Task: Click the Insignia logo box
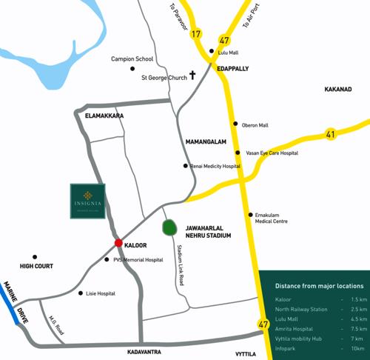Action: pyautogui.click(x=87, y=201)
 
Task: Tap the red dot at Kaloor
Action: pyautogui.click(x=118, y=243)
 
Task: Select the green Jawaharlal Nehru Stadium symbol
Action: pyautogui.click(x=169, y=228)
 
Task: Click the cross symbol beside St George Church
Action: pyautogui.click(x=192, y=76)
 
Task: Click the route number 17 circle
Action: pyautogui.click(x=196, y=34)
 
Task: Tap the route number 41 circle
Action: pyautogui.click(x=331, y=134)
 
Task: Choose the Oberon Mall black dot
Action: pyautogui.click(x=235, y=124)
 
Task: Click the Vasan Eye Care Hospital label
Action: pyautogui.click(x=272, y=153)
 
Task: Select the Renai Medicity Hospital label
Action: pyautogui.click(x=215, y=167)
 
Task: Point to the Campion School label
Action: pyautogui.click(x=132, y=59)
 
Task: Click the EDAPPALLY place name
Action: pyautogui.click(x=232, y=68)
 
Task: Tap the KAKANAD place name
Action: pyautogui.click(x=338, y=90)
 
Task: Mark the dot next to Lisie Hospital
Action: pyautogui.click(x=81, y=293)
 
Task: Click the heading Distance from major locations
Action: pyautogui.click(x=319, y=285)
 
